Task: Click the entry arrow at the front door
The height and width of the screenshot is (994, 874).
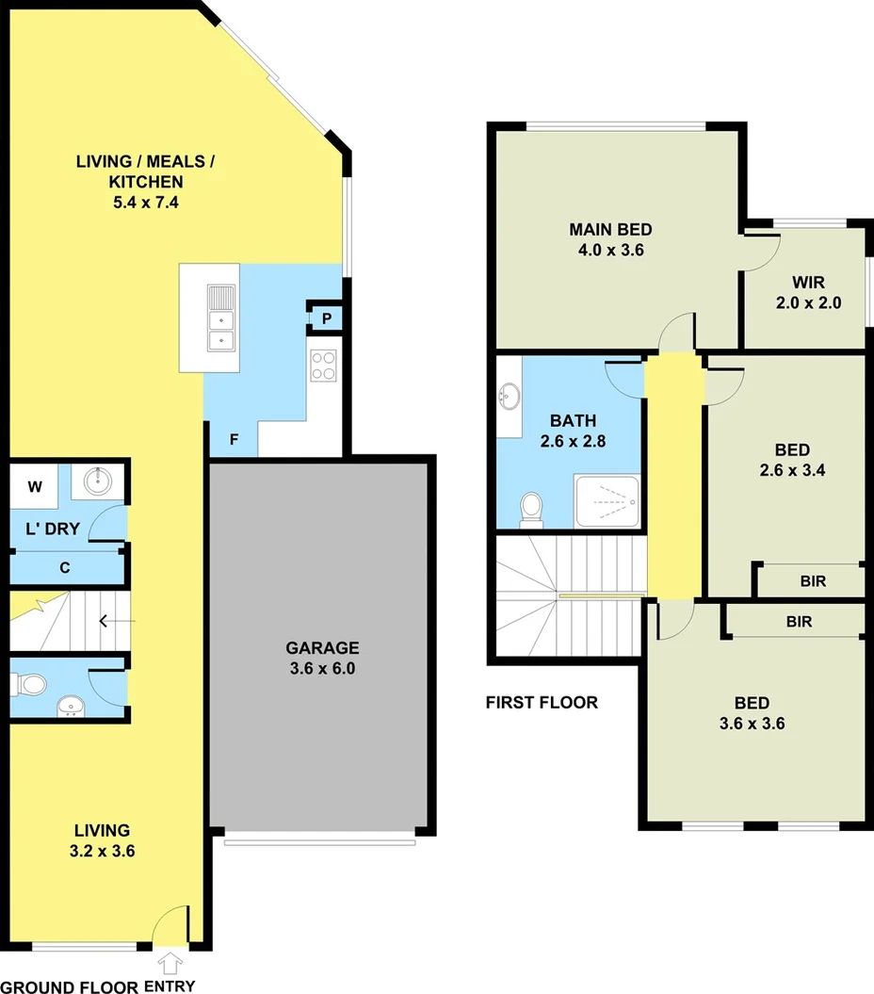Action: click(170, 963)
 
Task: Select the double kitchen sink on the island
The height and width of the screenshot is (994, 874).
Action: click(222, 317)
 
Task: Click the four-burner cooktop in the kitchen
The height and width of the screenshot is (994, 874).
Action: click(323, 365)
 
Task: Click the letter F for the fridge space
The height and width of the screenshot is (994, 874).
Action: click(234, 439)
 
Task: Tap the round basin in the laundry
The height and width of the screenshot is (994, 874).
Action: click(98, 482)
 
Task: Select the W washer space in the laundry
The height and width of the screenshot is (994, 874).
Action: click(35, 487)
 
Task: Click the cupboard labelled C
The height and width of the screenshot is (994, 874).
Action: click(65, 567)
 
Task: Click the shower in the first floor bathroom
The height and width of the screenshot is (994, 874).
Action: click(607, 501)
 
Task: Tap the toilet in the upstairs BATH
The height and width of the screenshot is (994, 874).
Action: click(532, 509)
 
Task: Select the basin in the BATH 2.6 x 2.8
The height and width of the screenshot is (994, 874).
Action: click(510, 396)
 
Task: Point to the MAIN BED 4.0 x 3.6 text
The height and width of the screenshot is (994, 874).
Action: click(610, 239)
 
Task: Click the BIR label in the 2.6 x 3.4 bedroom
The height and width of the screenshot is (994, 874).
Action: click(813, 581)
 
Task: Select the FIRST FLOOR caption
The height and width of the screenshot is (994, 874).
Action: click(542, 702)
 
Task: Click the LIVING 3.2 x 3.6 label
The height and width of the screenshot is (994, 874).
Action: click(103, 840)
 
